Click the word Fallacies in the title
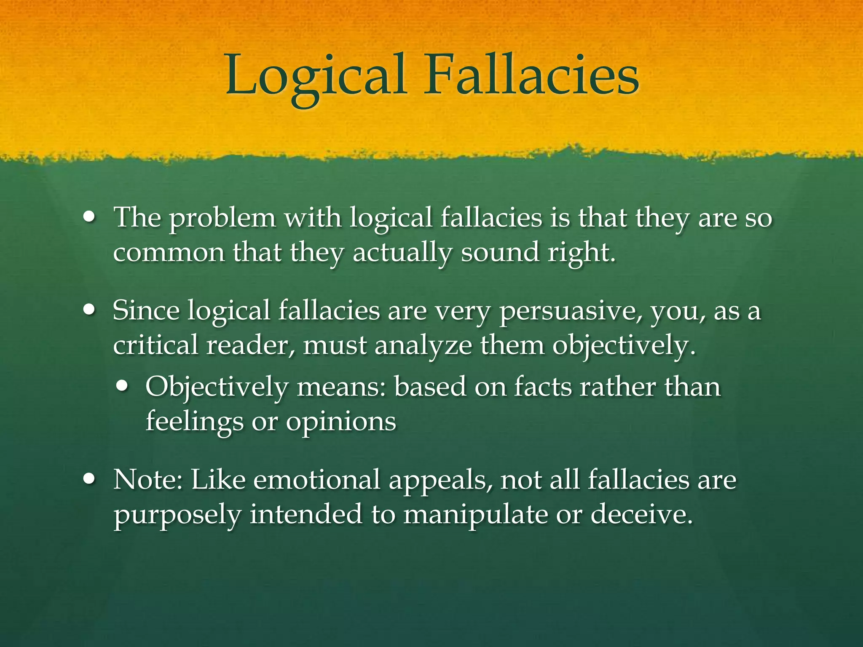(x=531, y=76)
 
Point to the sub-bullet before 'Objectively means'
(x=123, y=386)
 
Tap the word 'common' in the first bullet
(x=169, y=253)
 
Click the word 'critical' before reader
(x=155, y=345)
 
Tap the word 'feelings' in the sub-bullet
(x=194, y=422)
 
